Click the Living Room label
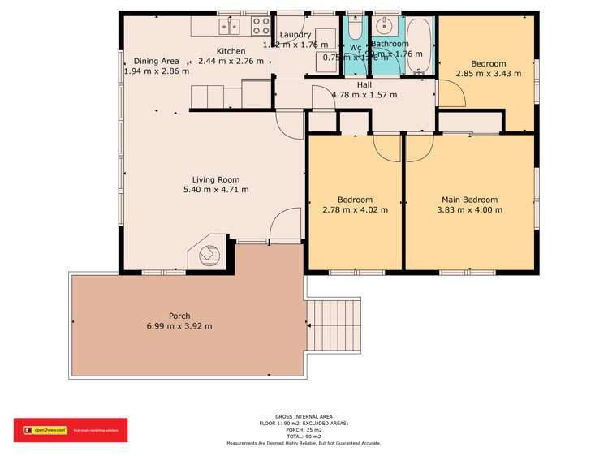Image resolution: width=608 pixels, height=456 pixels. (x=215, y=179)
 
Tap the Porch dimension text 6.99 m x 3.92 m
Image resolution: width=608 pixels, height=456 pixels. (x=174, y=326)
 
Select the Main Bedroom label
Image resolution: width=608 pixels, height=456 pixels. (x=469, y=200)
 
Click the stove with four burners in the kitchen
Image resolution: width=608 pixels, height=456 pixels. (x=261, y=25)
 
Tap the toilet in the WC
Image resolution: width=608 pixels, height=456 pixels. (x=356, y=29)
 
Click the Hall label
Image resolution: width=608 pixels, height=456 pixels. (x=364, y=84)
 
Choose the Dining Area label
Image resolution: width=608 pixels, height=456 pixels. (x=156, y=61)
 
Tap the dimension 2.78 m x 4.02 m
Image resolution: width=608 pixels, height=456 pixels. (x=356, y=210)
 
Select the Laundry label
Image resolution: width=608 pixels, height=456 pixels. (x=295, y=35)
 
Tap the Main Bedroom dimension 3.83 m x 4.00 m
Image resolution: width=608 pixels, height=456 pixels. (x=469, y=210)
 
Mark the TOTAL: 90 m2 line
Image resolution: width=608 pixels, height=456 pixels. (x=303, y=437)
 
